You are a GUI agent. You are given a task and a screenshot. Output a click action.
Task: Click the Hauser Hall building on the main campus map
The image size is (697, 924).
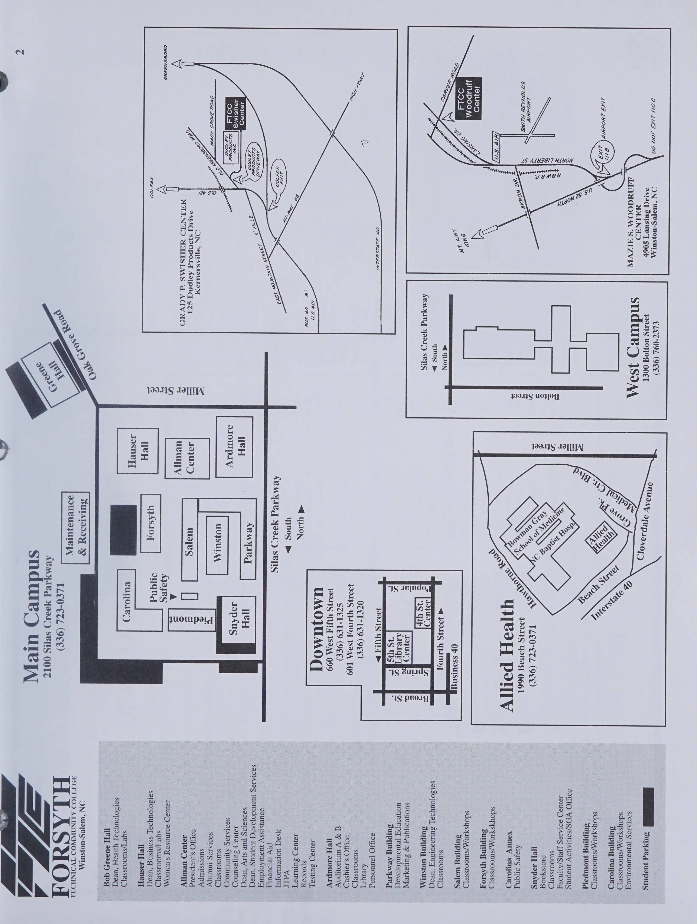click(137, 451)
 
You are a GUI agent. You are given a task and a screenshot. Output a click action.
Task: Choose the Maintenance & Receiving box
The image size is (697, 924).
click(76, 528)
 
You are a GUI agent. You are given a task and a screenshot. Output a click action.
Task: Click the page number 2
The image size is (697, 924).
click(20, 52)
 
